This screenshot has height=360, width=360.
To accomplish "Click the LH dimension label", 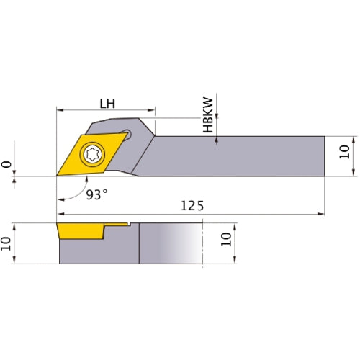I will [x=107, y=103].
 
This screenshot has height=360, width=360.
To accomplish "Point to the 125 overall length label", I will [x=192, y=206].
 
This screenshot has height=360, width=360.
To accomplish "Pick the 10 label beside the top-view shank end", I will [x=343, y=151].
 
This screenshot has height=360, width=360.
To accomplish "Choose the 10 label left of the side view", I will [x=7, y=243].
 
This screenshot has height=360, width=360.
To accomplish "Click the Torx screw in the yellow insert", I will [x=93, y=152].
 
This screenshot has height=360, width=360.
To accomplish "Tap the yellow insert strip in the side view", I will [x=79, y=231].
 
